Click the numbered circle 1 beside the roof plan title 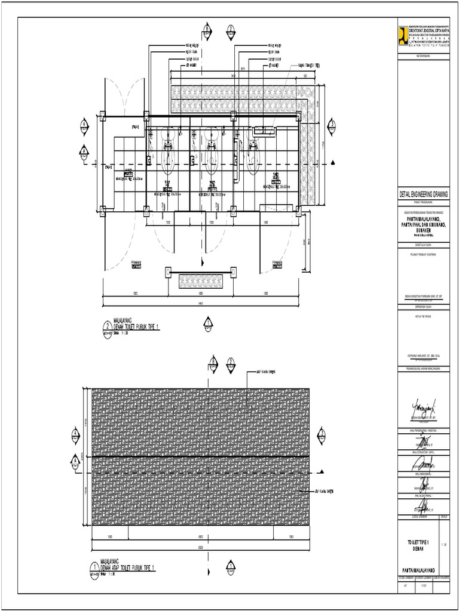coord(94,568)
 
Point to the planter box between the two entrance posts coord(201,279)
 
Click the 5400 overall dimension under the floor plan coord(201,304)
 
